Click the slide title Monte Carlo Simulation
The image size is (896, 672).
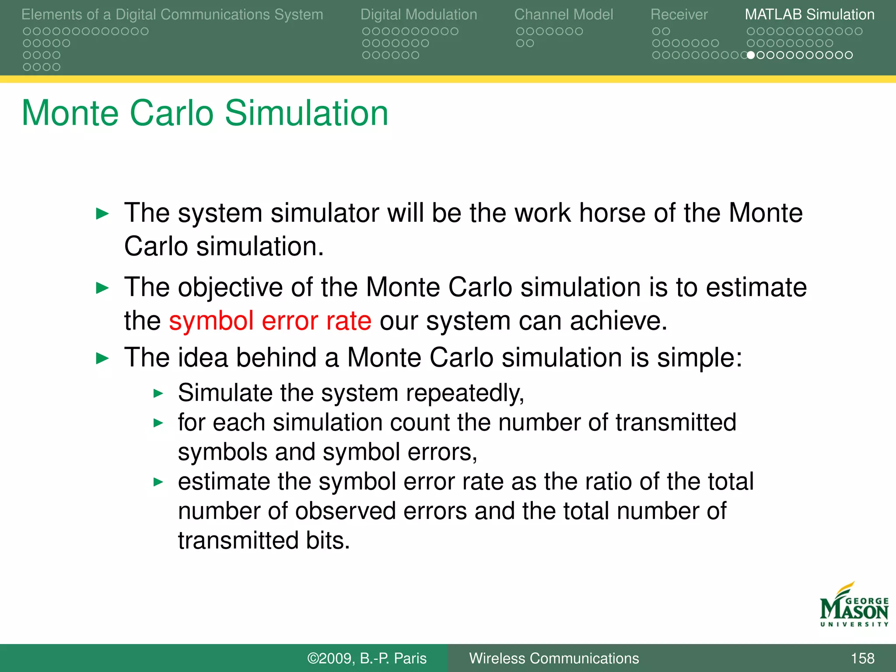click(205, 113)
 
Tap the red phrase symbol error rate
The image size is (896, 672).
click(270, 321)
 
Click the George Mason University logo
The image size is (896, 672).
click(854, 605)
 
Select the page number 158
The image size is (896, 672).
click(862, 658)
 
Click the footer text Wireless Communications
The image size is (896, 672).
click(554, 658)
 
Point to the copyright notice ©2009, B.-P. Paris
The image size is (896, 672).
click(367, 658)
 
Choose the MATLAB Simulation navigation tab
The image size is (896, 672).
click(809, 14)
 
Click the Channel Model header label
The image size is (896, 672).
click(563, 14)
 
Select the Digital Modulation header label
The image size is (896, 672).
click(419, 14)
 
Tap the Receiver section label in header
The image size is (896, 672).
click(679, 14)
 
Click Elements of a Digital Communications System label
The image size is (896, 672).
click(172, 14)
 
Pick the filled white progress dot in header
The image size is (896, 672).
click(751, 55)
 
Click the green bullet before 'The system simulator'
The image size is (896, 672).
click(102, 214)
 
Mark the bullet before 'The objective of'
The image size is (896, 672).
click(102, 288)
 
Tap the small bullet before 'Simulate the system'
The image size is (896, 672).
click(158, 393)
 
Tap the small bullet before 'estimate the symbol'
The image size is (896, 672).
click(158, 483)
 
